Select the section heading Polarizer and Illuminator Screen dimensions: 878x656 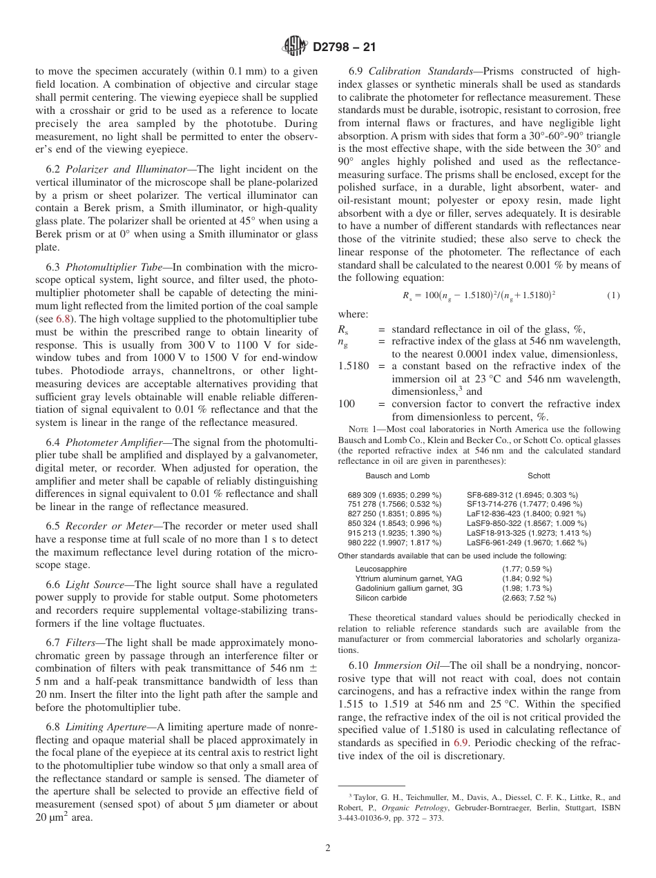point(122,169)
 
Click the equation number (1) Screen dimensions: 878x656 point(613,295)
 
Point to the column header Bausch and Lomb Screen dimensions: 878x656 point(397,476)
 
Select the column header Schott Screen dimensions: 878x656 point(539,476)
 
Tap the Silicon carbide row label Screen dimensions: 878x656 point(381,598)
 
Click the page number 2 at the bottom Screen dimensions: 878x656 point(328,849)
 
